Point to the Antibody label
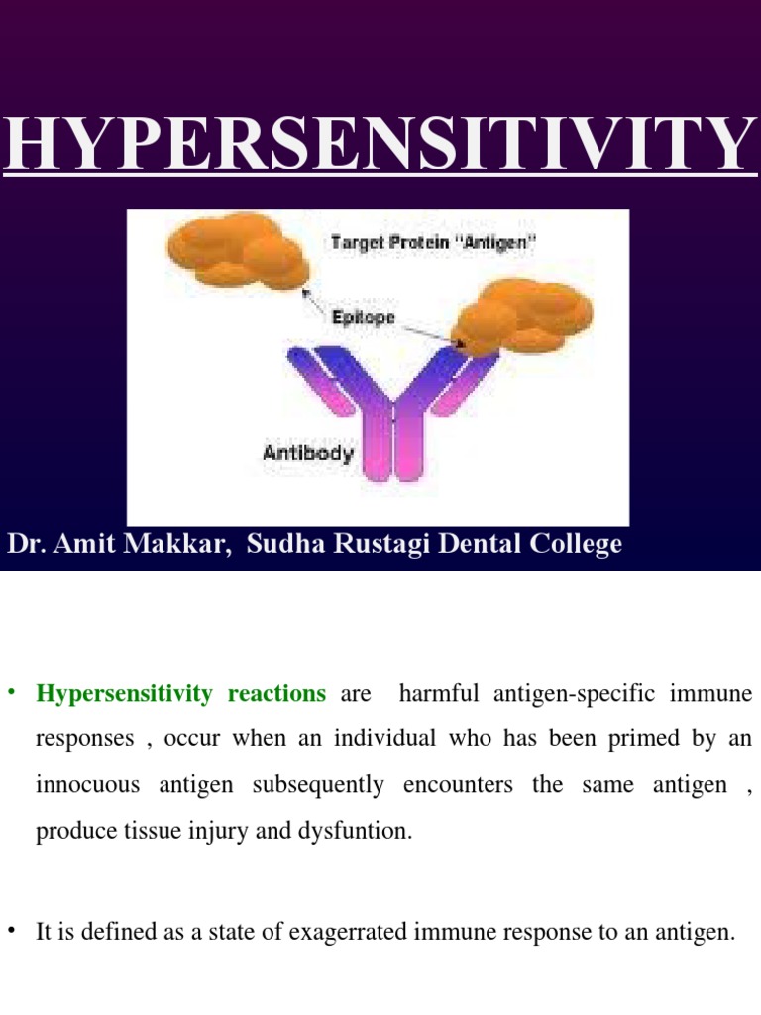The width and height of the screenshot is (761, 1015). [x=307, y=454]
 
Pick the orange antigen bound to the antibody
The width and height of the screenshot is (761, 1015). [x=520, y=315]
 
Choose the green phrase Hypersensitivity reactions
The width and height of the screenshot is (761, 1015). [x=180, y=694]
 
